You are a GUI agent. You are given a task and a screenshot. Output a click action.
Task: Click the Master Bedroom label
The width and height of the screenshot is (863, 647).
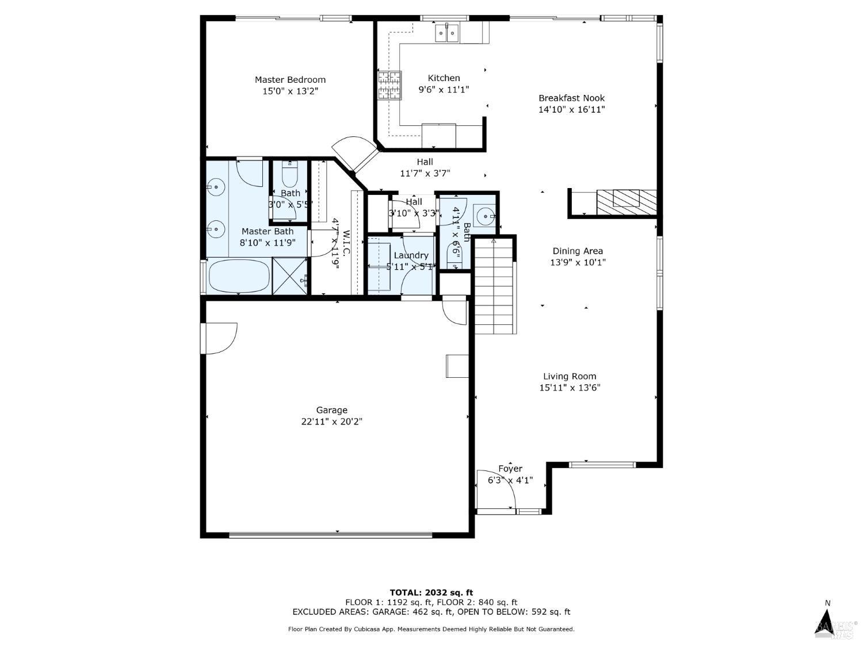[x=290, y=79]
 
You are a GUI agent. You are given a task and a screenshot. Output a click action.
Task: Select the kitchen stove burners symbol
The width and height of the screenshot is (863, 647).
[x=389, y=85]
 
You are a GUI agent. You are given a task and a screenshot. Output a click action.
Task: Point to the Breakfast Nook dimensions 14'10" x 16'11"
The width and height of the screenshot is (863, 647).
[x=571, y=109]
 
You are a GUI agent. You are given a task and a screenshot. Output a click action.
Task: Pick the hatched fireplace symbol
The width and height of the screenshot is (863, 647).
[x=626, y=202]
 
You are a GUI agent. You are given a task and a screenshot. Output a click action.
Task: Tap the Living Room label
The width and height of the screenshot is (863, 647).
[x=569, y=376]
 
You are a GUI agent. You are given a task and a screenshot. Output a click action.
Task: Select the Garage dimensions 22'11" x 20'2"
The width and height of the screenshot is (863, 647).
[x=331, y=422]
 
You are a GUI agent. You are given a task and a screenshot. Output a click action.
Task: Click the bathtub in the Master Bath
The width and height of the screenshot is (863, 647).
[x=239, y=277]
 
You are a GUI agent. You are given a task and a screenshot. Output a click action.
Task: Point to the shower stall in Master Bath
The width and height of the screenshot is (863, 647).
[x=291, y=277]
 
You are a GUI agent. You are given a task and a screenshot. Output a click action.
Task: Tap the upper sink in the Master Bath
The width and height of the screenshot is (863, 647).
[x=216, y=186]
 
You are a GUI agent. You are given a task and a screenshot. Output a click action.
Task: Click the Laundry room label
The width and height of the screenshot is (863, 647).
[x=411, y=255]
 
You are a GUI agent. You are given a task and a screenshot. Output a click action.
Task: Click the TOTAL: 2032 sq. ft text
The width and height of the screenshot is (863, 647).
[x=431, y=592]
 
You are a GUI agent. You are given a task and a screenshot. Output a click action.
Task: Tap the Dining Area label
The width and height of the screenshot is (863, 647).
[x=578, y=251]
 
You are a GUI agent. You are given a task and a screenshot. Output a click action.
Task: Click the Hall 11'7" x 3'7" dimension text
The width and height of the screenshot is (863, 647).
[x=425, y=173]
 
